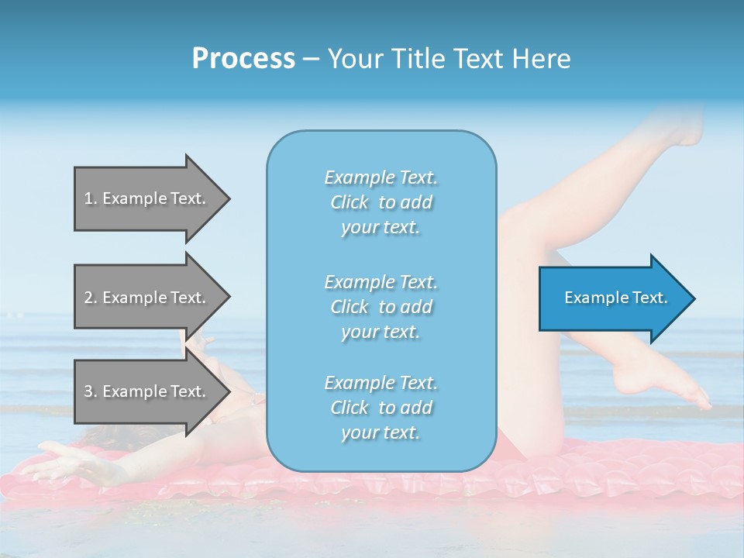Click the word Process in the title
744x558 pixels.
click(x=243, y=59)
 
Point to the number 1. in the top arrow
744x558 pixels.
click(x=91, y=198)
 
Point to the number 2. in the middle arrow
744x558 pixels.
click(x=91, y=298)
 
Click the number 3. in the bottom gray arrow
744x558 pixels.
click(x=91, y=391)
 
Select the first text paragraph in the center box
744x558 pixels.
click(x=381, y=202)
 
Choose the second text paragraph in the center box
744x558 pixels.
click(x=381, y=307)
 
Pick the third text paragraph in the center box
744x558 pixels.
click(x=381, y=408)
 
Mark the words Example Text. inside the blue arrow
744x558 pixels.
click(x=616, y=298)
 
